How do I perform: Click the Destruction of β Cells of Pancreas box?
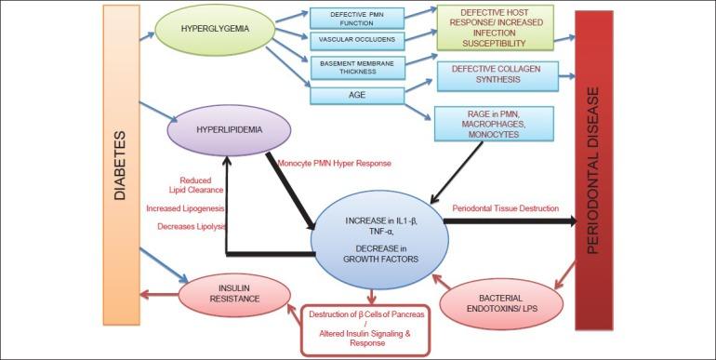(x=364, y=329)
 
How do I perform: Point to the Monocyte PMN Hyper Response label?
(x=338, y=163)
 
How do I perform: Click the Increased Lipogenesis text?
(x=185, y=208)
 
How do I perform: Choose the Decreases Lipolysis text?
(x=185, y=225)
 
